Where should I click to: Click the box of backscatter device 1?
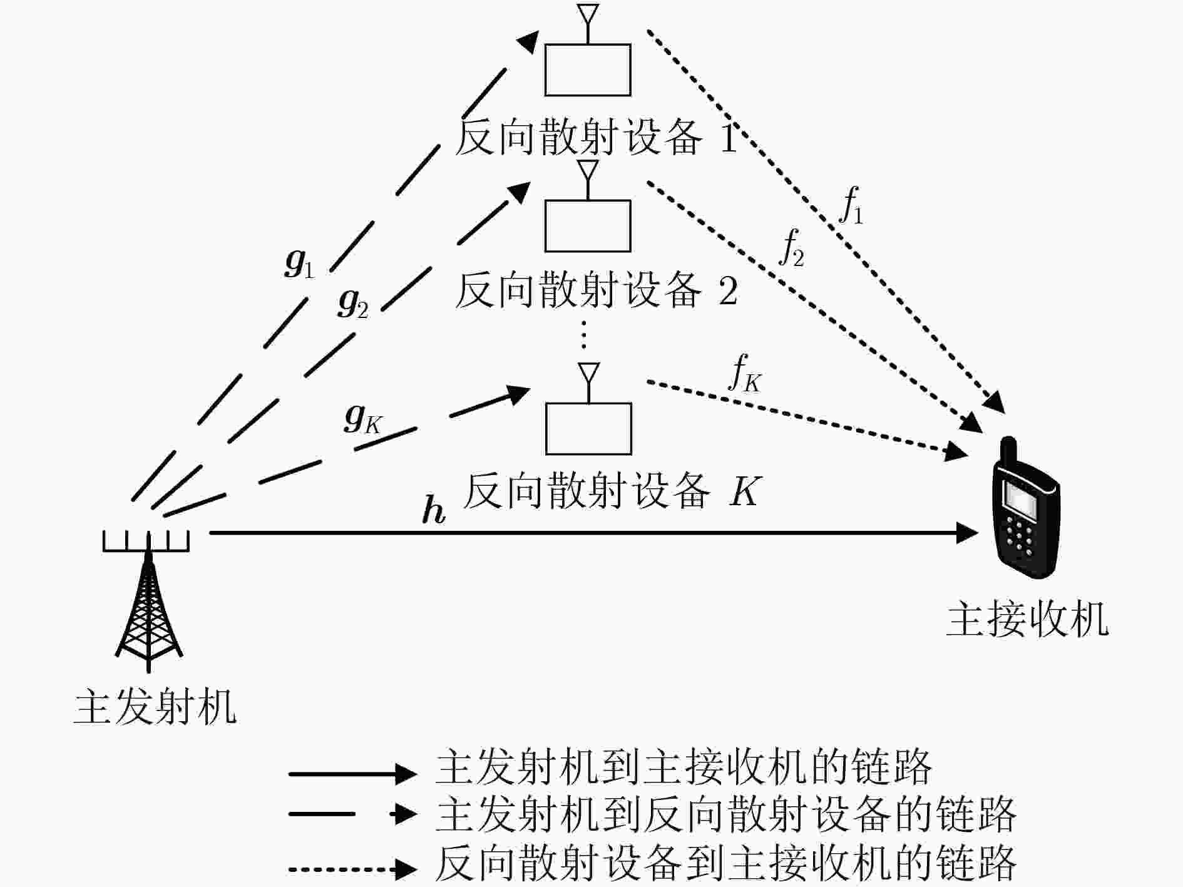587,69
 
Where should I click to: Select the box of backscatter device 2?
587,225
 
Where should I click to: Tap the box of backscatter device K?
588,428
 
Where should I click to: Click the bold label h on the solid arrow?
434,510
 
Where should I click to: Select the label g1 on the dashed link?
299,264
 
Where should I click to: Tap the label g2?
353,303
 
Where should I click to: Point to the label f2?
792,248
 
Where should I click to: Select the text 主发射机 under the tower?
155,707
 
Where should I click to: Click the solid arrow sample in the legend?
352,774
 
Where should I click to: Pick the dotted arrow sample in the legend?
352,869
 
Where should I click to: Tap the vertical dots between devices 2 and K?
583,335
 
